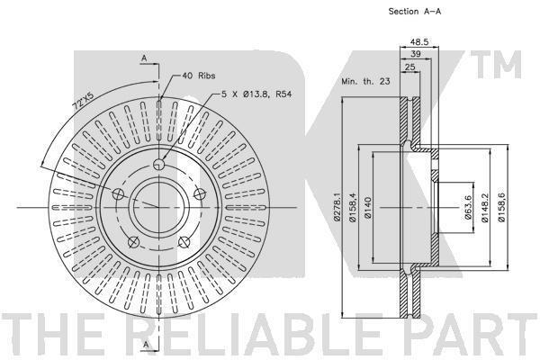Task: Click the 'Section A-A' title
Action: click(x=415, y=12)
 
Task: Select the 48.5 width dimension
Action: click(x=419, y=41)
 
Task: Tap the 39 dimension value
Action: click(x=416, y=54)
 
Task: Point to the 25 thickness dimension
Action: click(x=409, y=67)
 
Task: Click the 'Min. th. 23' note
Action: click(x=365, y=82)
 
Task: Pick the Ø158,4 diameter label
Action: click(x=353, y=207)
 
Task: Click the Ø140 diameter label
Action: click(x=367, y=207)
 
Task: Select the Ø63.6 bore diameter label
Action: click(x=468, y=207)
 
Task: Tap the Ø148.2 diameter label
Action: click(x=485, y=207)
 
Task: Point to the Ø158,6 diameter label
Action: click(x=501, y=207)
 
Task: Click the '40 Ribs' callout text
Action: click(x=199, y=76)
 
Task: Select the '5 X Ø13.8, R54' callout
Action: click(x=256, y=94)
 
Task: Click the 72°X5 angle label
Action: click(x=84, y=102)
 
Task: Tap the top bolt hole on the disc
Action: click(x=158, y=165)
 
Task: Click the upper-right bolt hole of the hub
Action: click(x=200, y=194)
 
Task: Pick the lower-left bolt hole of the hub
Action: click(x=133, y=242)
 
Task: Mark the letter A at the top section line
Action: click(x=144, y=58)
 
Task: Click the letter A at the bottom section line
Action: click(x=146, y=344)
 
